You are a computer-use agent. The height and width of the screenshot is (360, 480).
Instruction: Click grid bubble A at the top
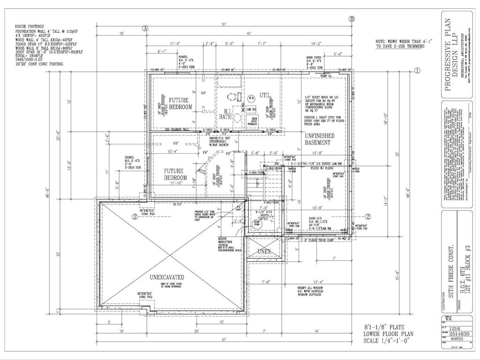[x=145, y=28]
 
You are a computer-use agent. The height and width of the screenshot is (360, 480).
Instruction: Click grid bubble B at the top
[x=352, y=19]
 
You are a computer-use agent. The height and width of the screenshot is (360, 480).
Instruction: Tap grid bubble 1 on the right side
[x=417, y=71]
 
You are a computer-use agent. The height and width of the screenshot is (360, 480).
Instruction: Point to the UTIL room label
[x=265, y=95]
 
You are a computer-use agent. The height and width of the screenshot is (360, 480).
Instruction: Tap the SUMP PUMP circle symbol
[x=257, y=224]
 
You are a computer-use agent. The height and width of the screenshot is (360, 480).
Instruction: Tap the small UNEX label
[x=264, y=251]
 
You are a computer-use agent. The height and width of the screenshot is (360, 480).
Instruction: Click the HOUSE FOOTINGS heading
[x=29, y=26]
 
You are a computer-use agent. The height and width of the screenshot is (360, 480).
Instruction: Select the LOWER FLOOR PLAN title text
[x=387, y=334]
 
